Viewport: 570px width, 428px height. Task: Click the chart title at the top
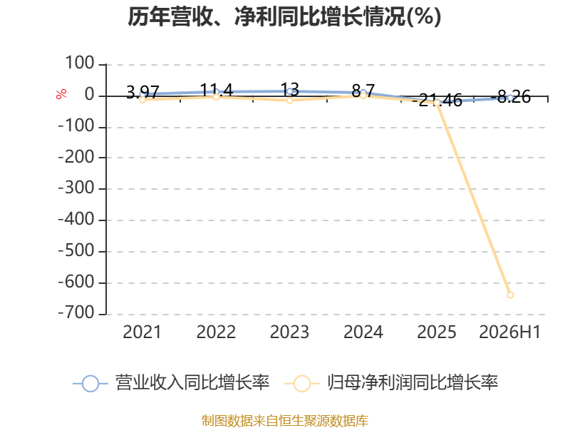click(284, 17)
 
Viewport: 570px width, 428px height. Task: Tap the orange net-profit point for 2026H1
click(510, 295)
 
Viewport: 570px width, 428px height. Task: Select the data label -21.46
click(437, 100)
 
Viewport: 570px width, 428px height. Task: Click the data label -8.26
click(510, 97)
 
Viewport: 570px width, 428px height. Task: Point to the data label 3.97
click(142, 92)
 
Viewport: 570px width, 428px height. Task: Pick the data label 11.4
click(217, 90)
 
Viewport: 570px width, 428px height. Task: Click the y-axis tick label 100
click(80, 63)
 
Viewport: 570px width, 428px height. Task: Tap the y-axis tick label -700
click(76, 313)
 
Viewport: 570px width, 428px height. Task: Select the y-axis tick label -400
click(76, 220)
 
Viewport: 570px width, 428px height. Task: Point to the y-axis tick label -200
click(76, 157)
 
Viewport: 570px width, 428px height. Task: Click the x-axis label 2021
click(142, 332)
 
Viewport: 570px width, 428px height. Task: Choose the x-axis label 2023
click(289, 332)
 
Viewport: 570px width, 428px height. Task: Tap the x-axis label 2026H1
click(510, 332)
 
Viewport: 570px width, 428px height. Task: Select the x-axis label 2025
click(436, 332)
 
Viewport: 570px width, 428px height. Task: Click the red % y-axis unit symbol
click(61, 94)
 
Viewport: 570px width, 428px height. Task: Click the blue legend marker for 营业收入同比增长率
click(90, 384)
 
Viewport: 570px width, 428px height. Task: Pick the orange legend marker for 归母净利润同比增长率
click(301, 384)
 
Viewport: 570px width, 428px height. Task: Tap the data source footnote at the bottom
click(285, 421)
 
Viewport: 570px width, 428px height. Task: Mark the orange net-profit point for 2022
click(216, 96)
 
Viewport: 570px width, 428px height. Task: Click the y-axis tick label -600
click(76, 282)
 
